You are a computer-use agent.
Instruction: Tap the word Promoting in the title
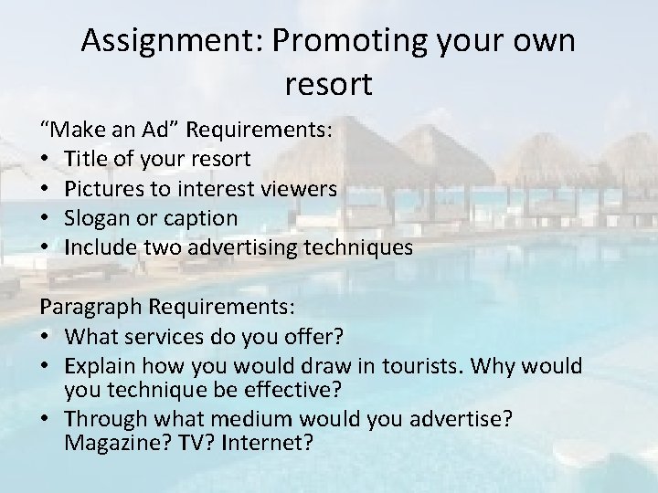[x=331, y=42]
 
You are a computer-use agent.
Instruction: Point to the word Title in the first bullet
[x=86, y=160]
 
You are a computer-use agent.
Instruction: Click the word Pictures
[x=103, y=189]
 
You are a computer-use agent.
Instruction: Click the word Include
[x=102, y=247]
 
